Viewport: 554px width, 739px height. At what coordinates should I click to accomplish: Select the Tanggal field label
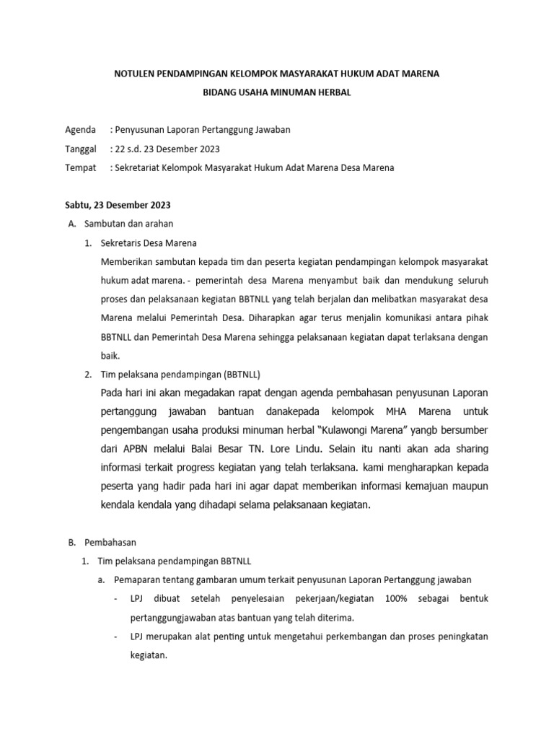coord(81,149)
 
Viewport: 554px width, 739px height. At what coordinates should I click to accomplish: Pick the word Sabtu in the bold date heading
coord(78,206)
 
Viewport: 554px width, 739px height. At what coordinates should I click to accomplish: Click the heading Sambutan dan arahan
coord(128,224)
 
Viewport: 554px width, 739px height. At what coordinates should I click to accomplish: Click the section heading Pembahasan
coord(110,541)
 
